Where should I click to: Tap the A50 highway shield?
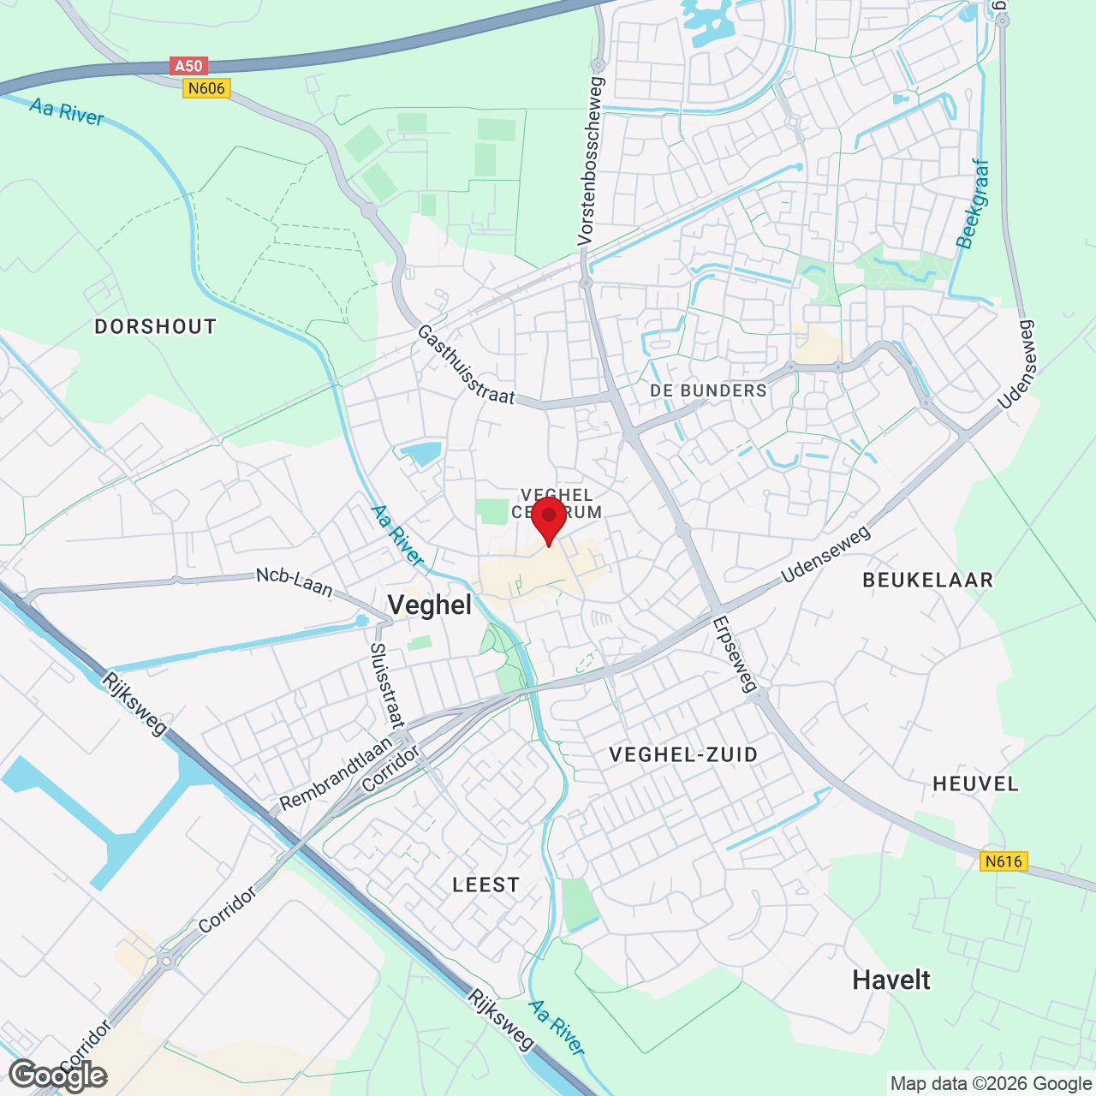click(x=188, y=66)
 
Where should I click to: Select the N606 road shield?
click(x=206, y=88)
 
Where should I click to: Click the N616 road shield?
click(x=1003, y=861)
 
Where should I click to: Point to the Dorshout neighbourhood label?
click(x=155, y=326)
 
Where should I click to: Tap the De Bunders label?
click(x=708, y=390)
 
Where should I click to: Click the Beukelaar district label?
click(x=927, y=580)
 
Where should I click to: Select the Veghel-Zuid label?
click(x=683, y=754)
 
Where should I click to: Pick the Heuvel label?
click(x=975, y=783)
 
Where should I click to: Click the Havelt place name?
click(x=890, y=980)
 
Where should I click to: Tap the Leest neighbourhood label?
click(x=485, y=885)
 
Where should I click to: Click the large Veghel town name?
click(x=429, y=605)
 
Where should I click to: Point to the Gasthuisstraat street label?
click(x=466, y=365)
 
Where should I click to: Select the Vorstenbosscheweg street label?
click(x=591, y=161)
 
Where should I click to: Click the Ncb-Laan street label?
click(x=294, y=582)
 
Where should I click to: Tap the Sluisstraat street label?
click(x=386, y=685)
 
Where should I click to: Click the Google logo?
click(x=58, y=1075)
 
